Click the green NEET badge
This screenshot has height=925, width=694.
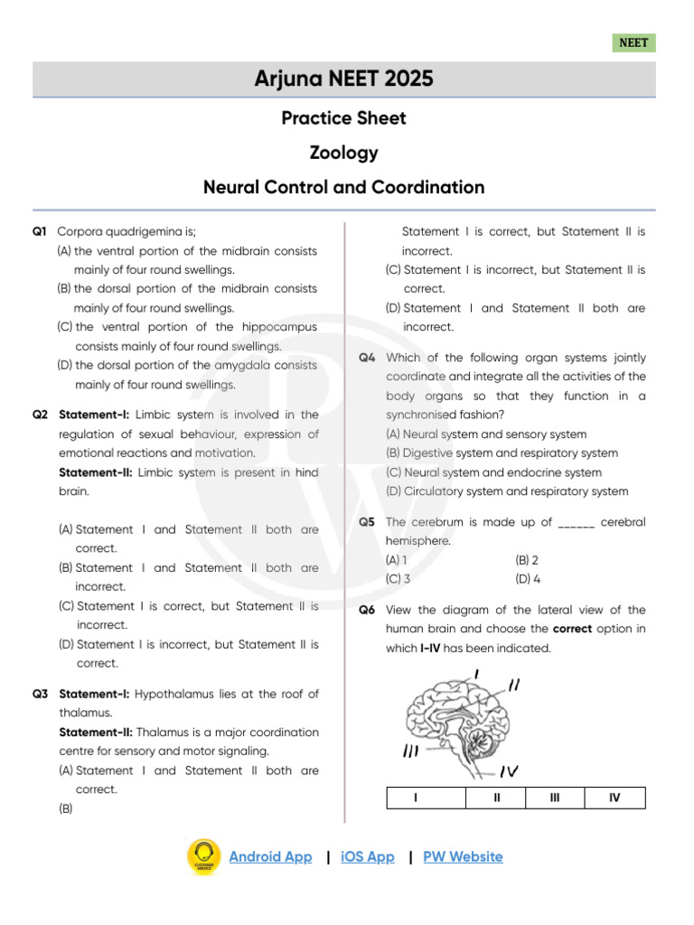(x=633, y=42)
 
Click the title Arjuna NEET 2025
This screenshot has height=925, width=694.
(x=343, y=79)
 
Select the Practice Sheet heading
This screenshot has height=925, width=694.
(x=343, y=118)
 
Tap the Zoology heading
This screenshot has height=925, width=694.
(x=343, y=153)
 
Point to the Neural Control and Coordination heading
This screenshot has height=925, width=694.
(x=343, y=188)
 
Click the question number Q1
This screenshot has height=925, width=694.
(x=39, y=232)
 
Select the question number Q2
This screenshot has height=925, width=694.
(x=40, y=415)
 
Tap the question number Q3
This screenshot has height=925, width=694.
(x=40, y=694)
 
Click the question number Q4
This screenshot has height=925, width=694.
(x=367, y=358)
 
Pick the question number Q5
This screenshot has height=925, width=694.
(x=367, y=522)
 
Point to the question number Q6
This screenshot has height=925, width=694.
(x=367, y=610)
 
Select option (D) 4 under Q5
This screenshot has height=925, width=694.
(x=528, y=579)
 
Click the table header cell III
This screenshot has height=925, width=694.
(x=555, y=798)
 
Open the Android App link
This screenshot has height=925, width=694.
(x=270, y=856)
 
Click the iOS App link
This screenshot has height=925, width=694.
(x=368, y=856)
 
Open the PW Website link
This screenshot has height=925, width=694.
(x=463, y=856)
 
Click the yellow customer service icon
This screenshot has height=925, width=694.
(x=203, y=856)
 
